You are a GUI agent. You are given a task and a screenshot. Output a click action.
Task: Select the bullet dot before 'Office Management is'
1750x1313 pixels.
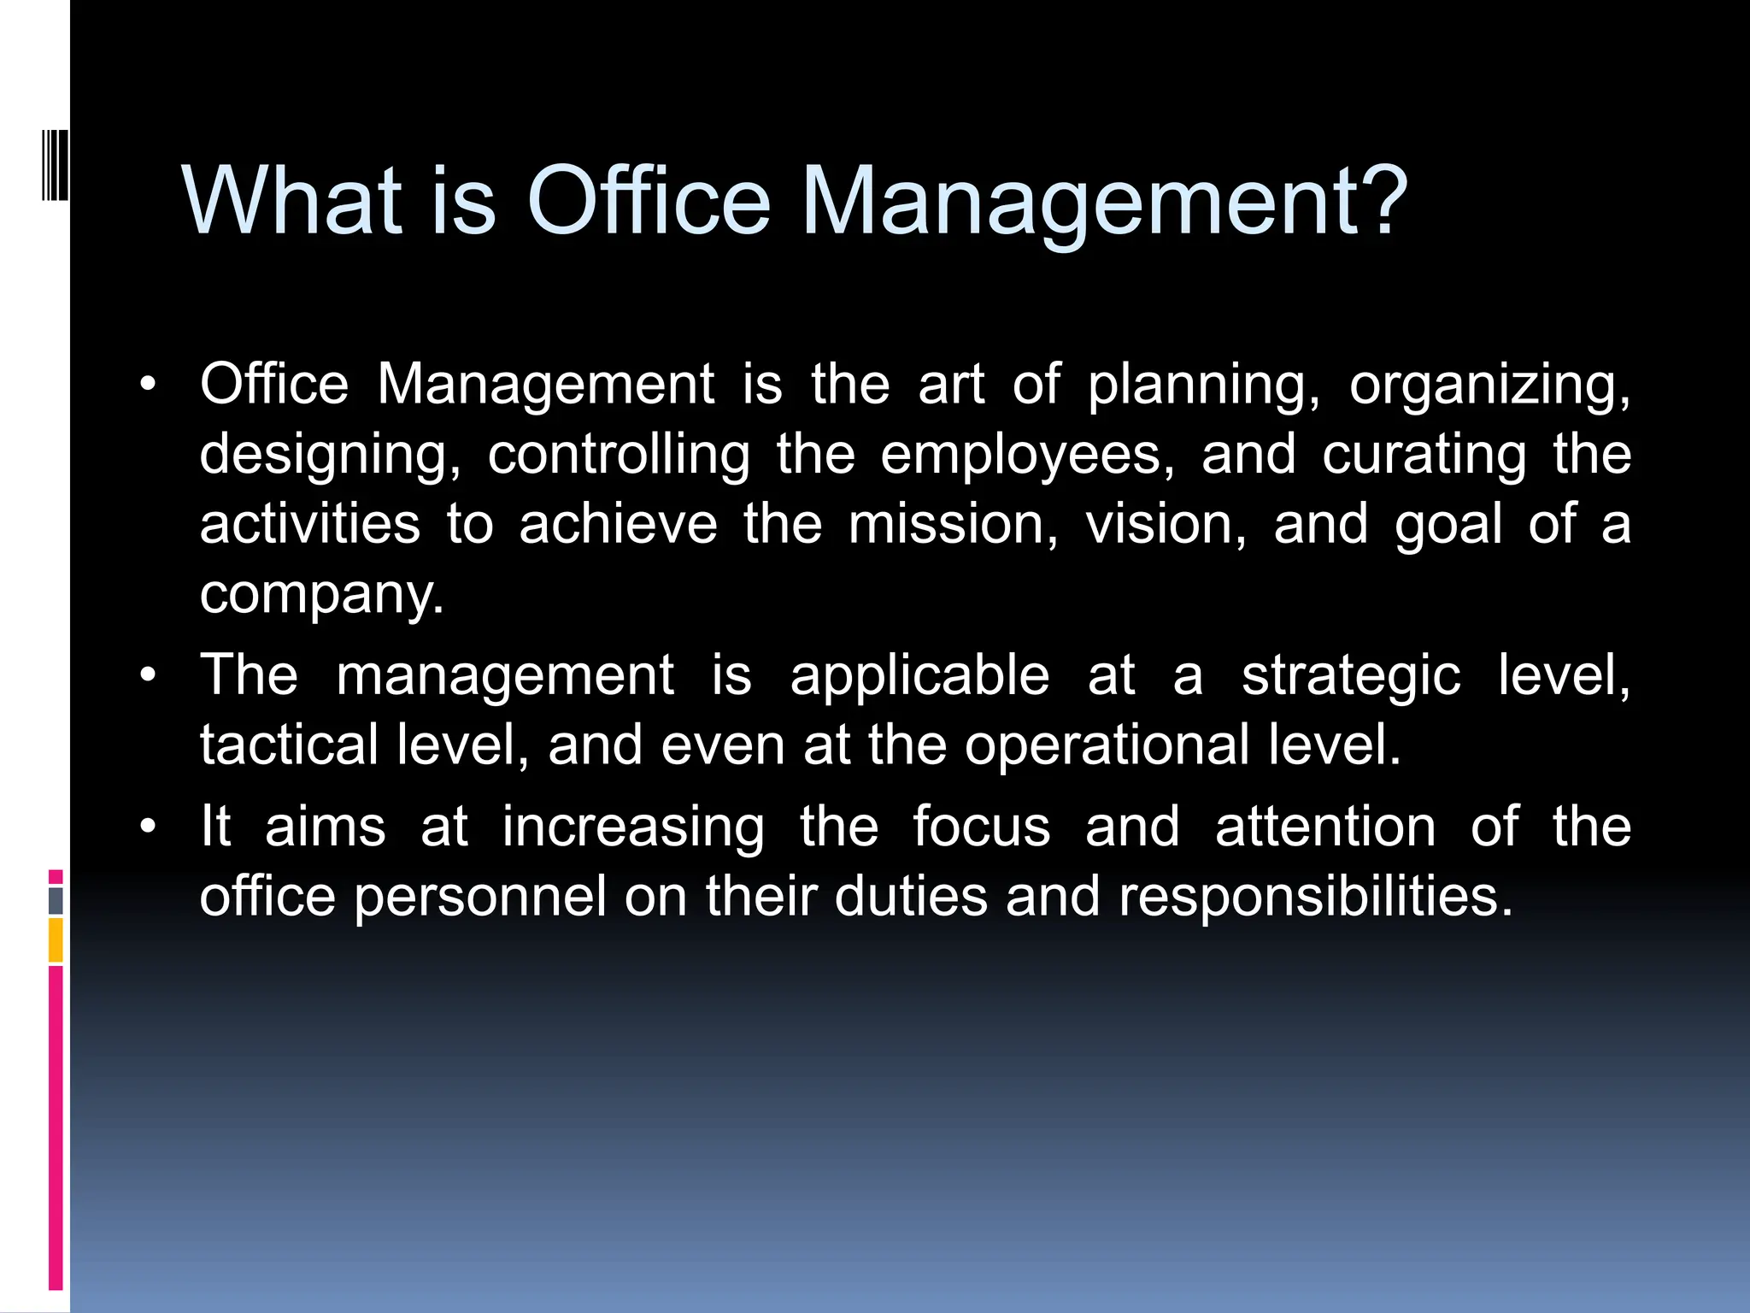[x=149, y=384]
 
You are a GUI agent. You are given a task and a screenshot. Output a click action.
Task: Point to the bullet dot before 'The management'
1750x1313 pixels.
[x=149, y=675]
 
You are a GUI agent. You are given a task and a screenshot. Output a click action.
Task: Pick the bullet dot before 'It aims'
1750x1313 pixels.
[x=149, y=827]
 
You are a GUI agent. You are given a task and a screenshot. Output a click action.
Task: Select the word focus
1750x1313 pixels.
[x=981, y=827]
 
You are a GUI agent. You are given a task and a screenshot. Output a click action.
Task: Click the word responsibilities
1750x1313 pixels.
[x=1316, y=898]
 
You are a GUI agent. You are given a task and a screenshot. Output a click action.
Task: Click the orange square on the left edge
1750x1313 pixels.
[x=56, y=939]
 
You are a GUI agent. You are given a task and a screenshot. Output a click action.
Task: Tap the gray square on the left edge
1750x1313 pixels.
[x=56, y=900]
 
